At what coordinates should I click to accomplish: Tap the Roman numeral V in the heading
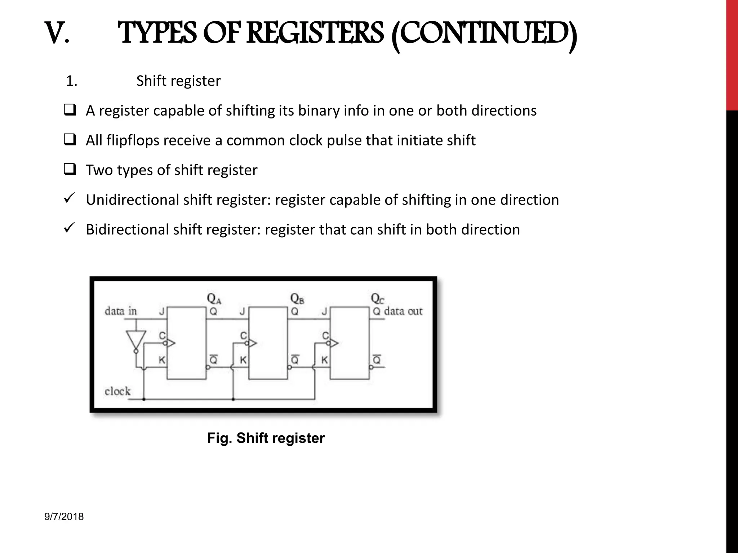[57, 33]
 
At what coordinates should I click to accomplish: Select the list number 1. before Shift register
[72, 81]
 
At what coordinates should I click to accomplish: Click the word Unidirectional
[132, 200]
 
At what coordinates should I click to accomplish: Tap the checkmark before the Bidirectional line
[69, 228]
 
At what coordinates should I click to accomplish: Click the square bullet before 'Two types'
[70, 169]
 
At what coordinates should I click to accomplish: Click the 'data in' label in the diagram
[121, 311]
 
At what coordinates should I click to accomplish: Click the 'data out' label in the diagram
[403, 311]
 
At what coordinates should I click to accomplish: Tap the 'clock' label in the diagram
[117, 391]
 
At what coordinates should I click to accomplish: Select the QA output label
[214, 298]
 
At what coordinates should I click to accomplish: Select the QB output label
[297, 298]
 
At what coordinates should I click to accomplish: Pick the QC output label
[377, 298]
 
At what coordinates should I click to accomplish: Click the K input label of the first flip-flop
[162, 360]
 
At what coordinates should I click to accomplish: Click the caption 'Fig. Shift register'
[266, 438]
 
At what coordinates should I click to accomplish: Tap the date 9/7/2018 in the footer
[64, 517]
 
